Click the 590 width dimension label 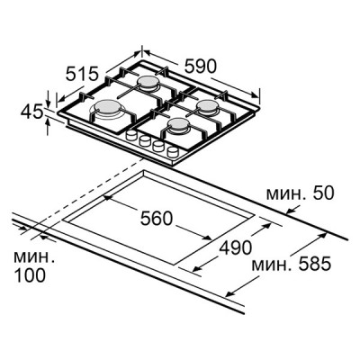coord(200,66)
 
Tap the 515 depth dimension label coord(82,74)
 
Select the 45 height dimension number coord(31,112)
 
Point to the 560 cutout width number coord(157,218)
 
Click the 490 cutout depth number coord(236,247)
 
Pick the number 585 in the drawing coord(314,264)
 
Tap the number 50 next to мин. coord(323,193)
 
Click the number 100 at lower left coord(30,275)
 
